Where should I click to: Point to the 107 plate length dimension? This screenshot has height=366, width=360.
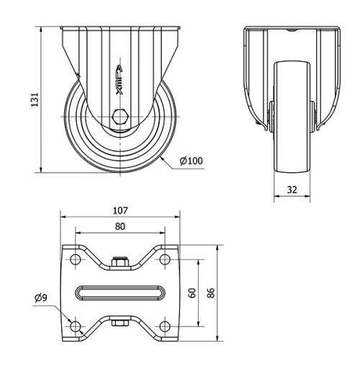coord(120,210)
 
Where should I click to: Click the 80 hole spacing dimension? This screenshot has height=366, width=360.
coord(120,227)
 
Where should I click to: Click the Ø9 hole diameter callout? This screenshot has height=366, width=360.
coord(42,298)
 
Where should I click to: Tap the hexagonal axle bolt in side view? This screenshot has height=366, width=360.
coord(120,117)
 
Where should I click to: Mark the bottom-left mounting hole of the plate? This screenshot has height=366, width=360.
coord(75,326)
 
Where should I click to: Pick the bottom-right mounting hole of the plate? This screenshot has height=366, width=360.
coord(165,326)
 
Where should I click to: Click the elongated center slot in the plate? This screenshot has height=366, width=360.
coord(120,293)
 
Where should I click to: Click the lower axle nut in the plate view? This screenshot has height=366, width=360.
coord(120,321)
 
